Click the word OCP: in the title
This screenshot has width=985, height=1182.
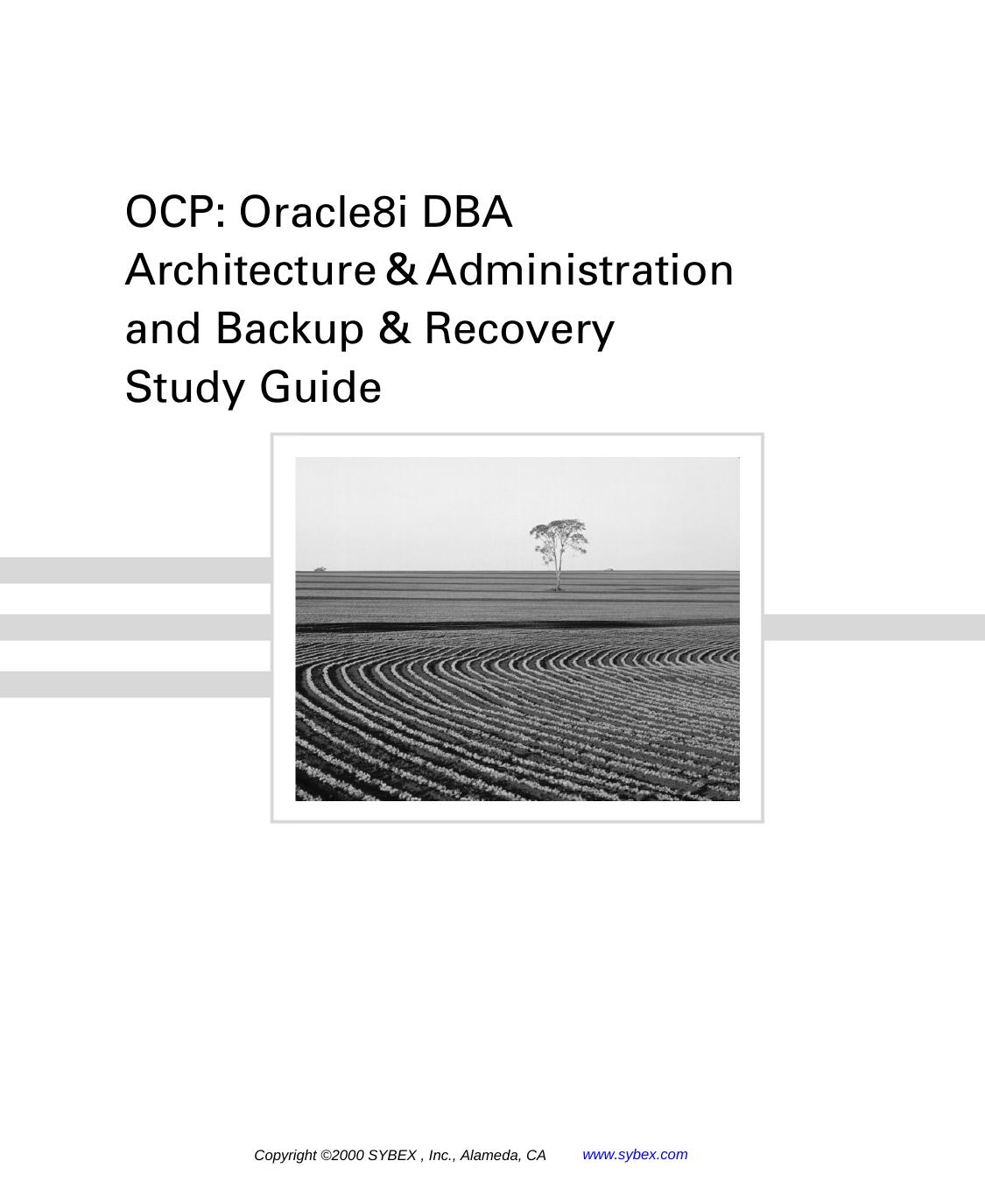pyautogui.click(x=176, y=213)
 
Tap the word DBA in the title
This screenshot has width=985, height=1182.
pyautogui.click(x=467, y=213)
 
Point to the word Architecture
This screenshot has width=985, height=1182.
pyautogui.click(x=250, y=271)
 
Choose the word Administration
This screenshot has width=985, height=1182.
pyautogui.click(x=580, y=271)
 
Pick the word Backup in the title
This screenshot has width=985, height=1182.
pyautogui.click(x=289, y=329)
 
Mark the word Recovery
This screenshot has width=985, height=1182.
pyautogui.click(x=519, y=330)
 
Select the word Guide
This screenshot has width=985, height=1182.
pyautogui.click(x=320, y=388)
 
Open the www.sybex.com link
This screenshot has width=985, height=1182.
pyautogui.click(x=635, y=1154)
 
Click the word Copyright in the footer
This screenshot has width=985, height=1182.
pyautogui.click(x=285, y=1156)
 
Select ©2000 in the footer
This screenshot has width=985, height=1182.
pyautogui.click(x=342, y=1156)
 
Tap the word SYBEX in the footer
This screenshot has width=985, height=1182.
pyautogui.click(x=391, y=1156)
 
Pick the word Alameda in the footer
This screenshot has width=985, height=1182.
pyautogui.click(x=490, y=1156)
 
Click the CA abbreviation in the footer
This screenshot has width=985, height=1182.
pyautogui.click(x=535, y=1156)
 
